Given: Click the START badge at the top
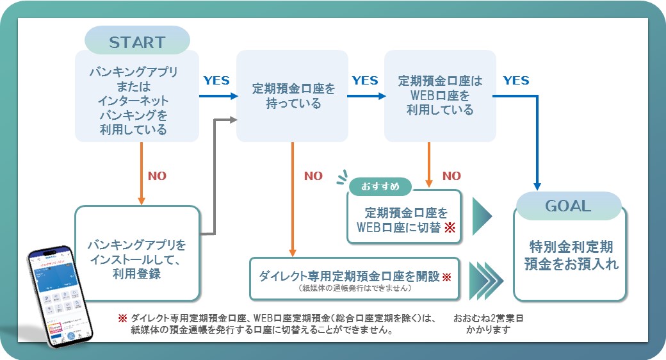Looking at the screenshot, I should (x=137, y=42).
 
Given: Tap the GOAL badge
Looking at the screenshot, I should (x=567, y=206).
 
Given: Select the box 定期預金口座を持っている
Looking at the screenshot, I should (x=292, y=95).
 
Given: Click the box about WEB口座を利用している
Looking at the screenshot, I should (x=439, y=95).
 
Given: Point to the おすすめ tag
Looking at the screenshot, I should (x=380, y=186).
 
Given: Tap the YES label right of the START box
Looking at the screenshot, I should (x=216, y=81).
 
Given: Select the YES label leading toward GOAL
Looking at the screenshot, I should (x=516, y=81).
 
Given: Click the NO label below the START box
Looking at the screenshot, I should (x=157, y=176).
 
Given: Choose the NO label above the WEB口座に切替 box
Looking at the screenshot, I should (x=451, y=176).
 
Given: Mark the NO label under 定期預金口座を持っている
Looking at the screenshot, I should (x=313, y=176).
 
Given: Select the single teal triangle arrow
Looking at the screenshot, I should (x=482, y=217).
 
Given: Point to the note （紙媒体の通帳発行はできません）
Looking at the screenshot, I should (x=355, y=289).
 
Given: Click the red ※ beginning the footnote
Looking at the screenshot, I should (x=122, y=318).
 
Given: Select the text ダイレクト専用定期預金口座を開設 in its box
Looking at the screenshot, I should (x=349, y=276).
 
